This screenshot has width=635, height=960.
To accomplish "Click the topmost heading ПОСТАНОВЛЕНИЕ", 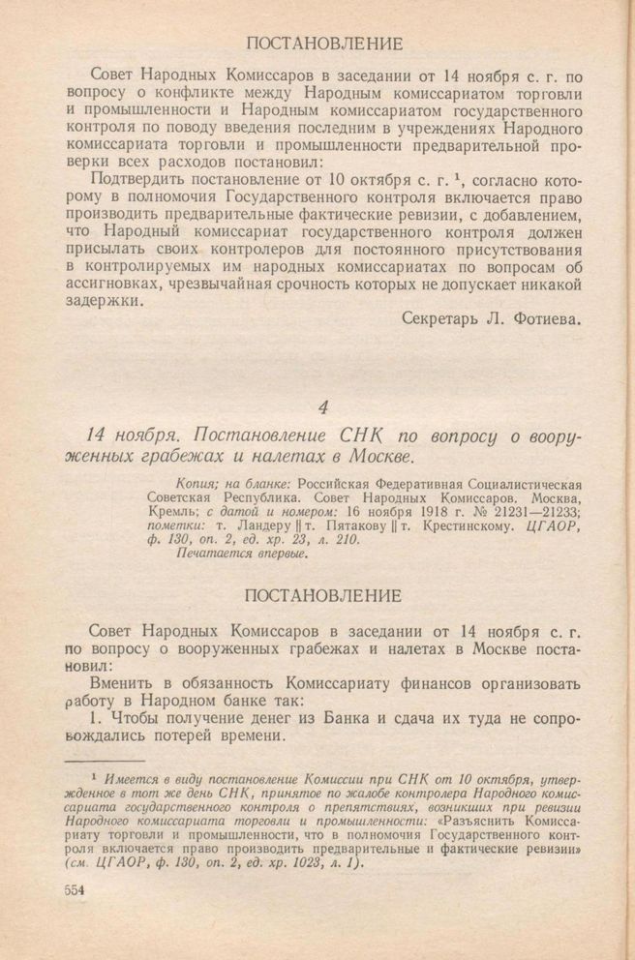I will (325, 44).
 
